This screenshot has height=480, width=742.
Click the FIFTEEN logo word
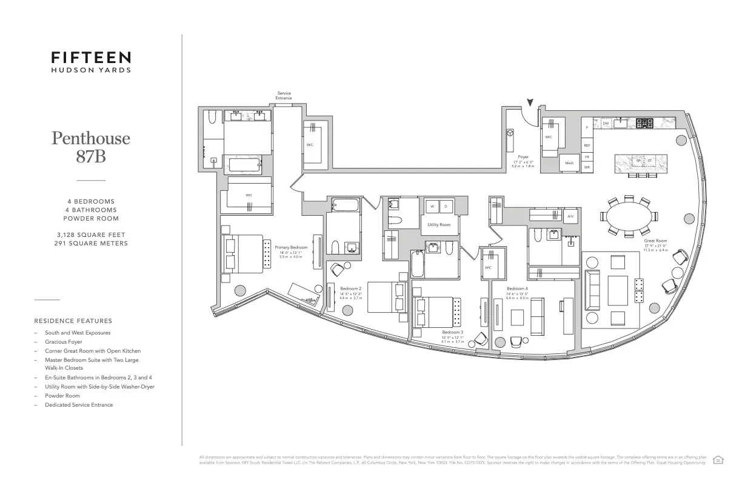tap(90, 58)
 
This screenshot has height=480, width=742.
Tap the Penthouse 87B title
tap(90, 146)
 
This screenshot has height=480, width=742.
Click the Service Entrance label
tap(284, 96)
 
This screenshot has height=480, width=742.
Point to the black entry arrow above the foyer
tap(530, 103)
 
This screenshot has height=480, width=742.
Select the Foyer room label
tap(523, 157)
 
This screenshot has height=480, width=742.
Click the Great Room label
tap(655, 241)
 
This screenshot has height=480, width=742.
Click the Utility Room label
tap(439, 224)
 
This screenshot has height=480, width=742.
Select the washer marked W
tap(432, 206)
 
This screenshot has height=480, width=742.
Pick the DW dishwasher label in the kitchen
tap(605, 124)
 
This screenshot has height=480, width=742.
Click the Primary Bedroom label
tap(291, 247)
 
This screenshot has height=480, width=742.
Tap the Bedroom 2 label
tap(350, 288)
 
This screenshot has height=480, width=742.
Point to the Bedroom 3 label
tap(452, 332)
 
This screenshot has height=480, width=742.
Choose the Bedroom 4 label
tap(517, 288)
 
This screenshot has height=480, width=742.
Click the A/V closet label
tap(570, 216)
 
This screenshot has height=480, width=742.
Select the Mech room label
tap(569, 163)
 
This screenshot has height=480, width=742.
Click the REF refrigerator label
tap(587, 145)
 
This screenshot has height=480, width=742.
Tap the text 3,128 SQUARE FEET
tap(90, 235)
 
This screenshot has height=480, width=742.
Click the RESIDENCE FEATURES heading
tap(73, 321)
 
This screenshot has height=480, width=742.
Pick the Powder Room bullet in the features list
tap(62, 396)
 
